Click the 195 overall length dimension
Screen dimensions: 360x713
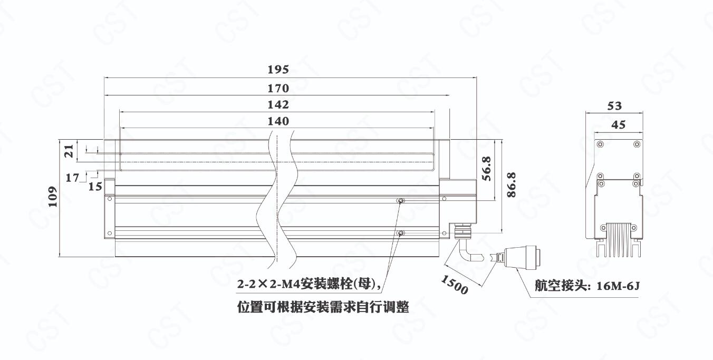coord(278,70)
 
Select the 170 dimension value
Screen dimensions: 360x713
coord(278,87)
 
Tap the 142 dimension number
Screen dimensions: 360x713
coord(278,104)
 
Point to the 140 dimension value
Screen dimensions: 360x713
coord(278,121)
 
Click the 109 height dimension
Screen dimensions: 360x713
coord(53,197)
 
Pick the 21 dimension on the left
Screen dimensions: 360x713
coord(69,152)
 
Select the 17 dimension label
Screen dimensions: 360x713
coord(72,178)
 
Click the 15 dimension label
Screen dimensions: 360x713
coord(95,186)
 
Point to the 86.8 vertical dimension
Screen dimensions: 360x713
coord(511,185)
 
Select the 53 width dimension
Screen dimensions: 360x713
coord(614,106)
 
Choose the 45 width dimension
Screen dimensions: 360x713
coord(618,124)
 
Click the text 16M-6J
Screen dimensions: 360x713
coord(618,286)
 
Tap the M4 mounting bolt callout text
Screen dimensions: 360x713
coord(309,285)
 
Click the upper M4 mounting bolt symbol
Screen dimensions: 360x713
coord(401,201)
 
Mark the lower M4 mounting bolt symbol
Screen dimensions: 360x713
coord(401,233)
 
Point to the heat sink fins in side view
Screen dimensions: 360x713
coord(618,240)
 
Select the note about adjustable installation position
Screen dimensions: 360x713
coord(323,306)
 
